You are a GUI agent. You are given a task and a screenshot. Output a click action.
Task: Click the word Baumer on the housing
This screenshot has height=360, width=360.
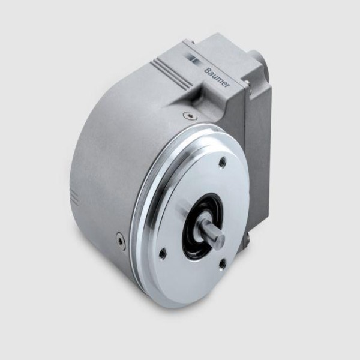[217, 77]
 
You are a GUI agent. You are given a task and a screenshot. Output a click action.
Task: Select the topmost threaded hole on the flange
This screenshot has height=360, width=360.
[223, 163]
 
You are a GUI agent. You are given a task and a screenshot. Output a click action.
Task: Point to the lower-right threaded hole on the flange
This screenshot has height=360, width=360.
[222, 265]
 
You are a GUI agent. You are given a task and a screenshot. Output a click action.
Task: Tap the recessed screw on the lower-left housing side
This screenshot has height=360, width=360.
[120, 241]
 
